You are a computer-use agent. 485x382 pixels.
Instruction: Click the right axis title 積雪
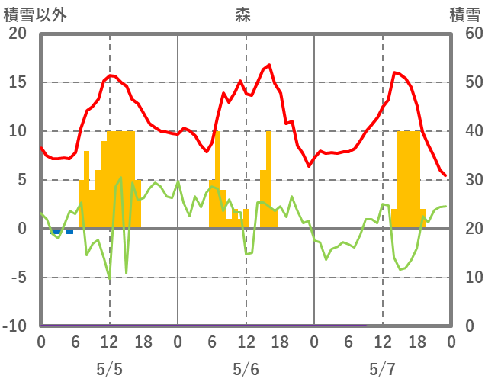tap(464, 14)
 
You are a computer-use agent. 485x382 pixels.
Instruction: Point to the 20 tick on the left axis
tap(18, 34)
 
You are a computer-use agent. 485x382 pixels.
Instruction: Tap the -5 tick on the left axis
tap(18, 278)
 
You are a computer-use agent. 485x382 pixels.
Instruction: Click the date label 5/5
tap(109, 369)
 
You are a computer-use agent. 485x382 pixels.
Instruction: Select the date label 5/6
tap(246, 369)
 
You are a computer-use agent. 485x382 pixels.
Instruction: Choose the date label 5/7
tap(382, 369)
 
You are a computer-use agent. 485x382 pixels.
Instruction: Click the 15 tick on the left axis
tap(18, 82)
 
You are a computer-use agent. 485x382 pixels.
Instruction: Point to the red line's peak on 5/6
tap(268, 66)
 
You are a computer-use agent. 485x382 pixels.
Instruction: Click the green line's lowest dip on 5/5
tap(110, 279)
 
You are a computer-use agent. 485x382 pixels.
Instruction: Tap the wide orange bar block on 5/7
tap(409, 179)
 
